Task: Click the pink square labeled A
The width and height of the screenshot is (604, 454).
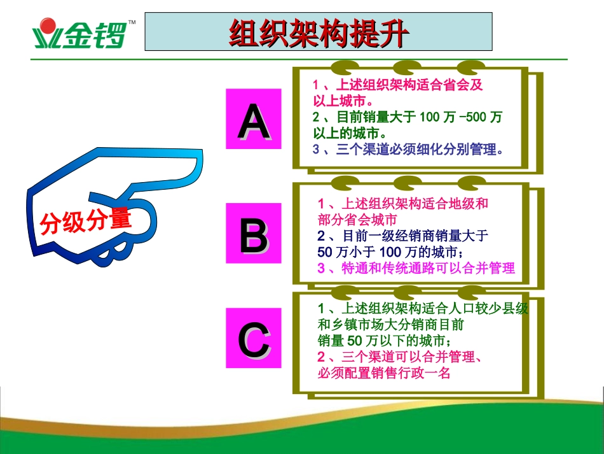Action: (x=253, y=119)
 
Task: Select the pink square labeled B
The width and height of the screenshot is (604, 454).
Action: (x=253, y=233)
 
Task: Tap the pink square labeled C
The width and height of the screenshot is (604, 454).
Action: (x=253, y=338)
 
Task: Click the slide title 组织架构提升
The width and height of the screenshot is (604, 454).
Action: (x=317, y=32)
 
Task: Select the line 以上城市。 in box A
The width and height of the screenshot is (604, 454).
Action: (x=343, y=101)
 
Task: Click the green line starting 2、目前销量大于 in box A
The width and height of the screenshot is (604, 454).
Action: (x=407, y=117)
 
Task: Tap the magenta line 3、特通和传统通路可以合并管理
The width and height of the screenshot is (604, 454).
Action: (x=416, y=268)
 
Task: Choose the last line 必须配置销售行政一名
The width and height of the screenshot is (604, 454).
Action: (x=384, y=373)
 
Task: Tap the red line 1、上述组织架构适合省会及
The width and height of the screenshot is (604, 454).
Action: (x=398, y=85)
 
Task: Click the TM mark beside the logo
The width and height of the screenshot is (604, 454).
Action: (x=132, y=22)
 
